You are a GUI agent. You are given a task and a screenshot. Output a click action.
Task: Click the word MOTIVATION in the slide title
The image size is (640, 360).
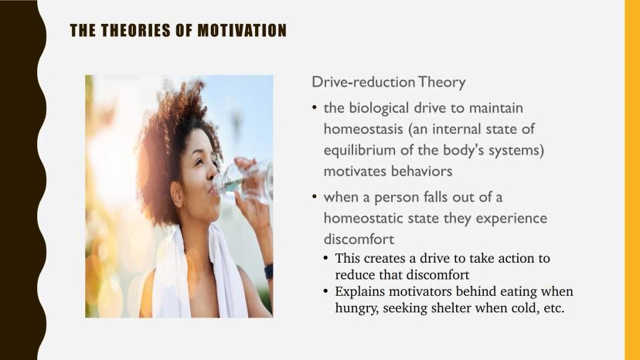pos(242,31)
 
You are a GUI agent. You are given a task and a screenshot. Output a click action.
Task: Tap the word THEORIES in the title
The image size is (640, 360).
pos(135,31)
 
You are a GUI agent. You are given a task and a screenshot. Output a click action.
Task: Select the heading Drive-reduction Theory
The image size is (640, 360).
pos(389,82)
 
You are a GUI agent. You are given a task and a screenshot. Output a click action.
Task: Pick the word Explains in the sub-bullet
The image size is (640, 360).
pos(359,292)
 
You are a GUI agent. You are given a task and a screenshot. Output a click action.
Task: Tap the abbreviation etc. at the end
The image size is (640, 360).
pos(554,308)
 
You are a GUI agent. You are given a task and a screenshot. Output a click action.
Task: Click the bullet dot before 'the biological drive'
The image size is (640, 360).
pos(315,107)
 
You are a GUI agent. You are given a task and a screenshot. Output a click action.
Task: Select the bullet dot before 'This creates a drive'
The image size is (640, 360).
pos(325,258)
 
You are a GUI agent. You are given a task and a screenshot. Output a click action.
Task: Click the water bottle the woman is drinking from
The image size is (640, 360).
pos(244,182)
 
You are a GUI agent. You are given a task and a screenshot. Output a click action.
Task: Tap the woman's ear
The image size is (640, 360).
pos(178,194)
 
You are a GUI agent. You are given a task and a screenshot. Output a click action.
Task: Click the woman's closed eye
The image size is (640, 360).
pos(199,162)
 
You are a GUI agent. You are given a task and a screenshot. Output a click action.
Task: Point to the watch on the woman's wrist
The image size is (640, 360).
pos(268,271)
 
